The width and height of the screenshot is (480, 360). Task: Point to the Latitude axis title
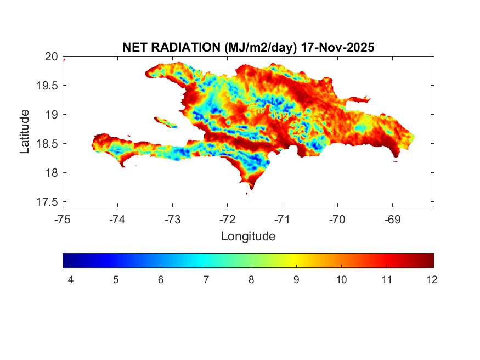tap(25, 131)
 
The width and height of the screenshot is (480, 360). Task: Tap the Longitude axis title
tap(248, 237)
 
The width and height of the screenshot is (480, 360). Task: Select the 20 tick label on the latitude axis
tap(51, 57)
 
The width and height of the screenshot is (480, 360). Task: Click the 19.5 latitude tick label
tap(47, 86)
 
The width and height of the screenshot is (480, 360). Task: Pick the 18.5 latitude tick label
tap(47, 144)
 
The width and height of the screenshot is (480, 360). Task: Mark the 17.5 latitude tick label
tap(47, 202)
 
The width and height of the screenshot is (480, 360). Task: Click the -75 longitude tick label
tap(63, 220)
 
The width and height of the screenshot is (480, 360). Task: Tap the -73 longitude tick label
tap(172, 220)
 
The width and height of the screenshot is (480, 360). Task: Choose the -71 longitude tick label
tap(283, 220)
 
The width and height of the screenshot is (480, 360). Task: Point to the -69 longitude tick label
tap(392, 220)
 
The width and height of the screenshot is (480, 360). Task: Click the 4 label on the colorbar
tap(70, 280)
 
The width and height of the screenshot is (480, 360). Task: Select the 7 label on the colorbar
tap(206, 280)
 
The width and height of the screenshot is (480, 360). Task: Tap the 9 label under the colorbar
tap(296, 280)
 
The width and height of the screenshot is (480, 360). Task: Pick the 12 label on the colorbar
tap(432, 280)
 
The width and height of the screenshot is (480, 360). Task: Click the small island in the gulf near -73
tap(165, 122)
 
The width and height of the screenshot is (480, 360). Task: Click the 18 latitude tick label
tap(51, 173)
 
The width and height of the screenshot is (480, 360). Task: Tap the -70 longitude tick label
tap(337, 220)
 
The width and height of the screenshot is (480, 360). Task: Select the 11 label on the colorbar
tap(386, 280)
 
